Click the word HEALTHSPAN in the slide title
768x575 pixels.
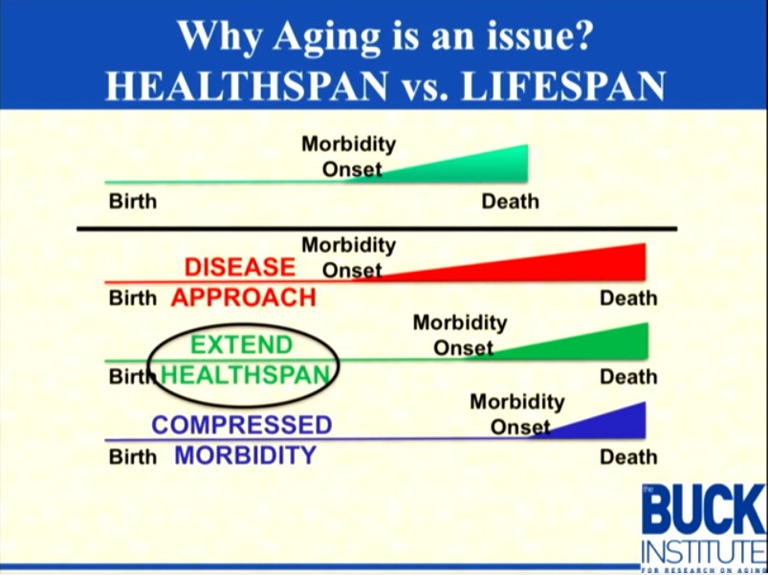pyautogui.click(x=247, y=86)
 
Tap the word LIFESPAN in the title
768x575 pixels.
pyautogui.click(x=562, y=86)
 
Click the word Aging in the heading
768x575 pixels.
pyautogui.click(x=327, y=37)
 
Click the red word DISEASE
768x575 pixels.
pyautogui.click(x=240, y=268)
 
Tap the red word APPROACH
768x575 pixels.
pyautogui.click(x=244, y=298)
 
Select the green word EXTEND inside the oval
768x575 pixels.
pyautogui.click(x=241, y=344)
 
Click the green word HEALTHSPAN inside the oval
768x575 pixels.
pyautogui.click(x=246, y=375)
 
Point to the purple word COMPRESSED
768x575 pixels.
pyautogui.click(x=242, y=425)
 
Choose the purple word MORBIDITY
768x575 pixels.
pyautogui.click(x=246, y=455)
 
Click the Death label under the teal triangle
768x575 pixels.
pyautogui.click(x=511, y=201)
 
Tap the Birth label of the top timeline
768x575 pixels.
pyautogui.click(x=133, y=201)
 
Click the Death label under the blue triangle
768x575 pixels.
pyautogui.click(x=628, y=457)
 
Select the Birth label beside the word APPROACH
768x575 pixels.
pyautogui.click(x=133, y=298)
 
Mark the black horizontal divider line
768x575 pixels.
pyautogui.click(x=377, y=229)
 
